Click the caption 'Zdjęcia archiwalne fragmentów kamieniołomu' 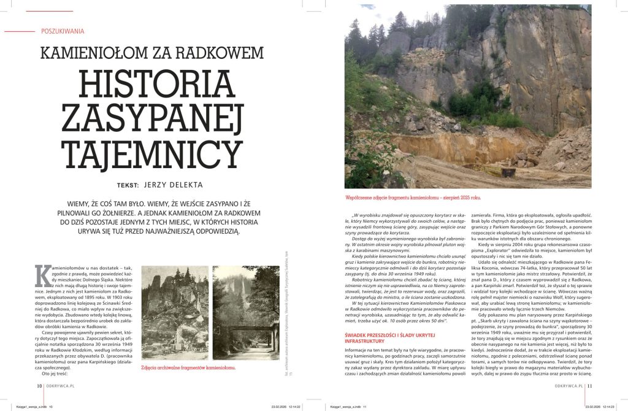click(188, 367)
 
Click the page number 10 click(39, 386)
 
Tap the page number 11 click(589, 386)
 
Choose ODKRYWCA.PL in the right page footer click(568, 386)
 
